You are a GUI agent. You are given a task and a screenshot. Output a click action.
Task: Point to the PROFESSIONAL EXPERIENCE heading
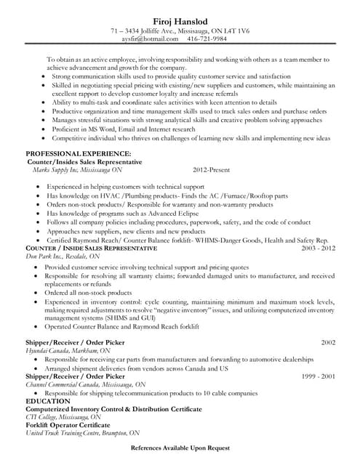coord(79,154)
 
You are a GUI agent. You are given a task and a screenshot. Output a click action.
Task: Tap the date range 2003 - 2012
coord(317,248)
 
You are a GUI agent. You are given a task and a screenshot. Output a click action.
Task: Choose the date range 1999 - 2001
coord(319,376)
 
